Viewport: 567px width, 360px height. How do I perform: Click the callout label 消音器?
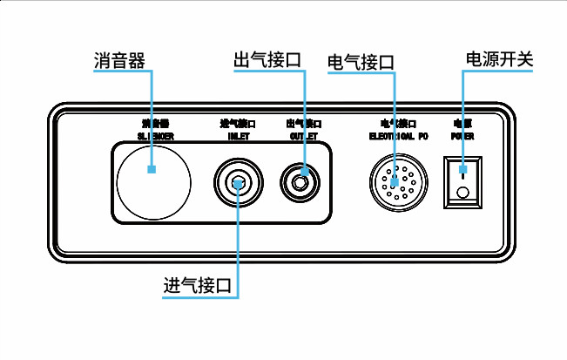[x=118, y=60]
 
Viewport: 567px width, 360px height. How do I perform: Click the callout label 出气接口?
[x=267, y=60]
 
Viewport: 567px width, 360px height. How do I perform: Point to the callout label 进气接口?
[x=201, y=285]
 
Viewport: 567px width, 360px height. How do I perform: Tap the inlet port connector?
[x=238, y=182]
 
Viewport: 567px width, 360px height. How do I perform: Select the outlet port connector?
[x=302, y=183]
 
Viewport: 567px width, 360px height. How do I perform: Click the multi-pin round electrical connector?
[x=395, y=181]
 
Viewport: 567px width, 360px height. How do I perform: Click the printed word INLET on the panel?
[x=237, y=137]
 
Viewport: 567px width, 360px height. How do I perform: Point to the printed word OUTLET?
[x=302, y=137]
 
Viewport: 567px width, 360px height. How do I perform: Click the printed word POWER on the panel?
[x=462, y=137]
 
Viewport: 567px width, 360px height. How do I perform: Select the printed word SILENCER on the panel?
[x=155, y=137]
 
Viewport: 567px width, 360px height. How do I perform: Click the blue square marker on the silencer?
[x=152, y=169]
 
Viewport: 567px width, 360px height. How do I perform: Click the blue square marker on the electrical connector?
[x=395, y=181]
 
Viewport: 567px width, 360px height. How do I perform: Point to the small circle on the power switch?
[x=462, y=193]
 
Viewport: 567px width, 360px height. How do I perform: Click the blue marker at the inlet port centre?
[x=238, y=183]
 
